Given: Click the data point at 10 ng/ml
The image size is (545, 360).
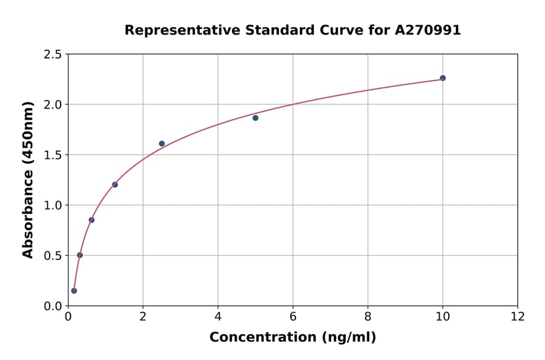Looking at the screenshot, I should click(x=443, y=78).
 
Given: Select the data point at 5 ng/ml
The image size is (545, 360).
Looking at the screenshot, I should click(x=256, y=118).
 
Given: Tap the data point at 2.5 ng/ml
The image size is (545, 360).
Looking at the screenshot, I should click(x=162, y=144).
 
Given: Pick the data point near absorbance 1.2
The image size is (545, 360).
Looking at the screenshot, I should click(x=115, y=184).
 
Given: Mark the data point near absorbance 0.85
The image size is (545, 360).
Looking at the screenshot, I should click(x=91, y=220).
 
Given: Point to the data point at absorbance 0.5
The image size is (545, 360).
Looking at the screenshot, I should click(x=80, y=255).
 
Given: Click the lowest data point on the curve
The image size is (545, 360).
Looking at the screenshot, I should click(x=74, y=290).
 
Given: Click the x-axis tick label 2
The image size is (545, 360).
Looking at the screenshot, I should click(x=143, y=316).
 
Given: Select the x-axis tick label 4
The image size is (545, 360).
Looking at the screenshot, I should click(x=218, y=316).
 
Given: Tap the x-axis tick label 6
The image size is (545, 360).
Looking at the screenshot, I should click(x=292, y=316).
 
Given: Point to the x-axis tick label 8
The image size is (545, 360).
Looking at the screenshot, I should click(x=368, y=316).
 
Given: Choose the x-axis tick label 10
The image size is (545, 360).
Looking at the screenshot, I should click(x=443, y=316).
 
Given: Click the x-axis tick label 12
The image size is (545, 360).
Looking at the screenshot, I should click(x=518, y=316).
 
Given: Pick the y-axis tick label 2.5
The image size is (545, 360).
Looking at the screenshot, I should click(x=53, y=55).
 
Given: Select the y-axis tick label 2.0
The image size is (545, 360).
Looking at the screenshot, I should click(x=53, y=105).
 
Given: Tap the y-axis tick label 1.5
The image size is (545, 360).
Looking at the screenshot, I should click(x=53, y=155).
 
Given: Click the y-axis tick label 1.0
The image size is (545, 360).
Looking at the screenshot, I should click(x=53, y=205).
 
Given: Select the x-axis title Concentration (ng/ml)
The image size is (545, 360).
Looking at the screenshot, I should click(x=292, y=337).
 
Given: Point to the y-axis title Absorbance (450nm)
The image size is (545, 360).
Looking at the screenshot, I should click(x=28, y=180).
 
